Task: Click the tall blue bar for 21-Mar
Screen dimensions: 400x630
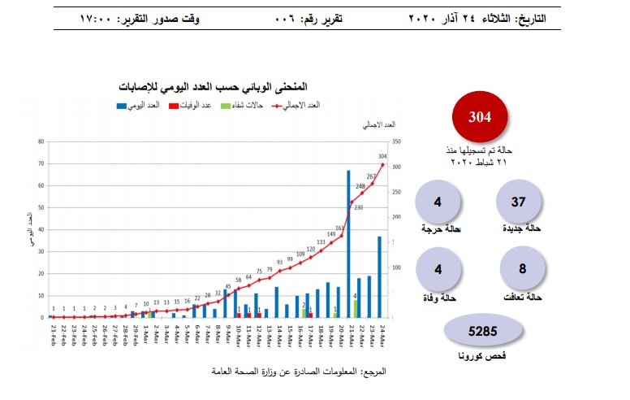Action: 348,244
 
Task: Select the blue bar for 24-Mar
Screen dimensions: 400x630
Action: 379,276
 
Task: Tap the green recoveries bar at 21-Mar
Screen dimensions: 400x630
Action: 355,309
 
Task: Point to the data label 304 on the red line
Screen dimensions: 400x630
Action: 382,156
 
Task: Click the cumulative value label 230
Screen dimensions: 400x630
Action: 359,208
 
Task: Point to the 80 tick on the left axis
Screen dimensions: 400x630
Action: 40,142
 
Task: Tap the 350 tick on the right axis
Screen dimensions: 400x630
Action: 395,142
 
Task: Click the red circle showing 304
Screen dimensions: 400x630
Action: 481,117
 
